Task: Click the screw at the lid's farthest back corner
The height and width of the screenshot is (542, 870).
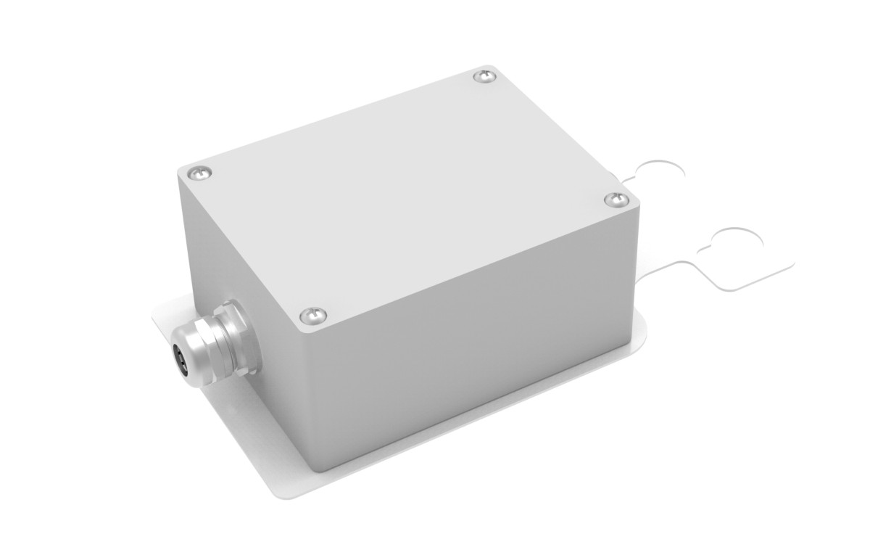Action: tap(484, 75)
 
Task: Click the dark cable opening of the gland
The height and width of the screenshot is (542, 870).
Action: tap(179, 357)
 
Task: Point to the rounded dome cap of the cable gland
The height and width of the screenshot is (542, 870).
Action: tap(190, 352)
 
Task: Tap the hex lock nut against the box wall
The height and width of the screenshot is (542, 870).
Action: tap(238, 335)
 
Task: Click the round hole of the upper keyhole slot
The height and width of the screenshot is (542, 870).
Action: tap(660, 173)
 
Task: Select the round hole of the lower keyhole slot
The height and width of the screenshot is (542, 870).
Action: tap(739, 247)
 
